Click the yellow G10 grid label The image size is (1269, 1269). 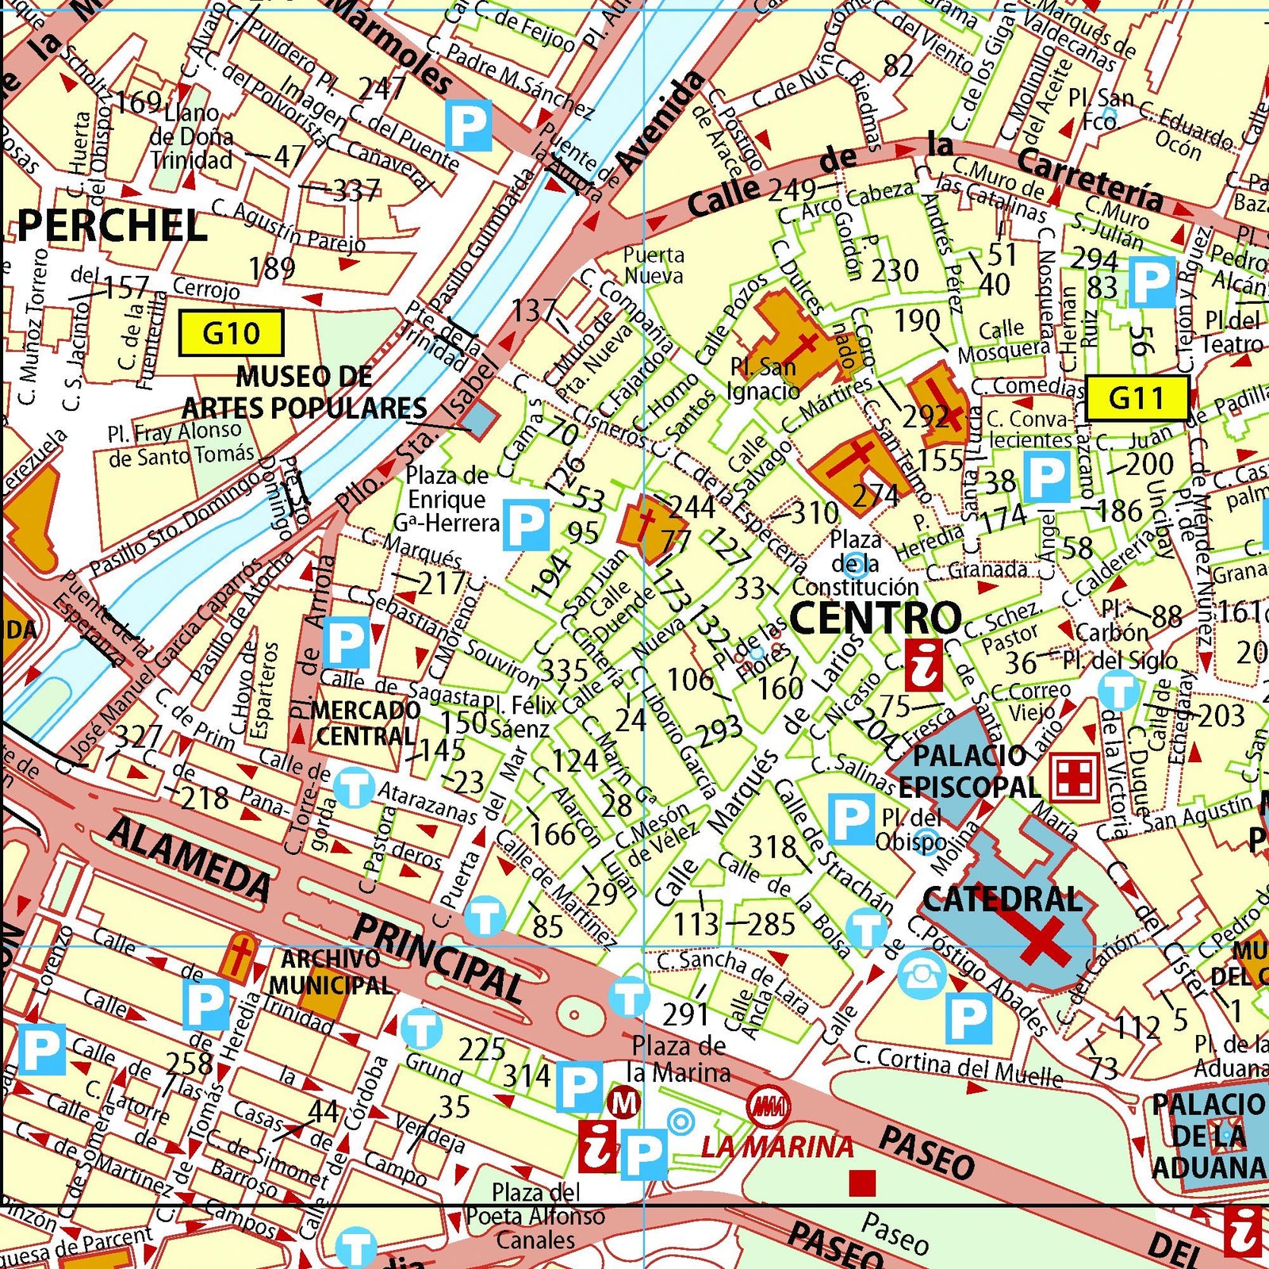pyautogui.click(x=231, y=333)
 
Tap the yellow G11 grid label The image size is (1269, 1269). pyautogui.click(x=1137, y=397)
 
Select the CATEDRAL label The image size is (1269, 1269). pyautogui.click(x=1003, y=899)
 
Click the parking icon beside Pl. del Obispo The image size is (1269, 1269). pyautogui.click(x=850, y=819)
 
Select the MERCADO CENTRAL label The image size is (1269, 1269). pyautogui.click(x=366, y=723)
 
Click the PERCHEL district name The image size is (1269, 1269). pyautogui.click(x=112, y=227)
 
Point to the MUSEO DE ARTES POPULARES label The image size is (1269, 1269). pyautogui.click(x=305, y=393)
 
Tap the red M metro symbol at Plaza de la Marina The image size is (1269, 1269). pyautogui.click(x=623, y=1103)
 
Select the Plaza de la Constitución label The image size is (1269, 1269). pyautogui.click(x=855, y=564)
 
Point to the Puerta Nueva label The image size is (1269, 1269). pyautogui.click(x=653, y=266)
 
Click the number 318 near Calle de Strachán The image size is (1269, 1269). pyautogui.click(x=772, y=847)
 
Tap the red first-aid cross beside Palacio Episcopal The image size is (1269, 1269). pyautogui.click(x=1074, y=776)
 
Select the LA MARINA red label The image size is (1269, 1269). pyautogui.click(x=776, y=1147)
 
